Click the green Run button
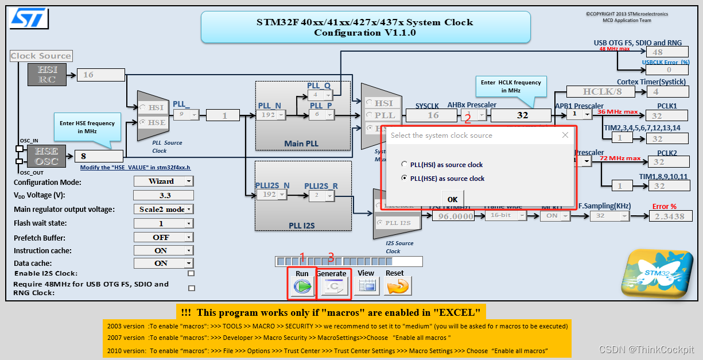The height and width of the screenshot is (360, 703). click(x=302, y=285)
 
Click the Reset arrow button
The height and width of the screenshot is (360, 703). click(x=398, y=285)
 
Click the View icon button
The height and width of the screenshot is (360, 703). click(x=366, y=285)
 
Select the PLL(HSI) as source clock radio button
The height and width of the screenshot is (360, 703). click(x=405, y=165)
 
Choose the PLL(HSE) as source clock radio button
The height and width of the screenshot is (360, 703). click(x=405, y=179)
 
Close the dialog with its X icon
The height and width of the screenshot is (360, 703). click(x=565, y=135)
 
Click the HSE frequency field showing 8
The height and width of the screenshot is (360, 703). click(x=99, y=156)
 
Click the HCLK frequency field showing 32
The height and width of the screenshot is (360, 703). click(x=522, y=115)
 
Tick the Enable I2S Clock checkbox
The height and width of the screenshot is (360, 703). click(x=191, y=273)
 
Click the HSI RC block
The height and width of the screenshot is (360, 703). click(x=47, y=75)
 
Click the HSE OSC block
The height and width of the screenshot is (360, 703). click(x=47, y=156)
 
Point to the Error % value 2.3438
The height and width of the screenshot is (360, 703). click(x=669, y=216)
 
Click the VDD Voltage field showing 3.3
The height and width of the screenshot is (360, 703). click(x=164, y=195)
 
